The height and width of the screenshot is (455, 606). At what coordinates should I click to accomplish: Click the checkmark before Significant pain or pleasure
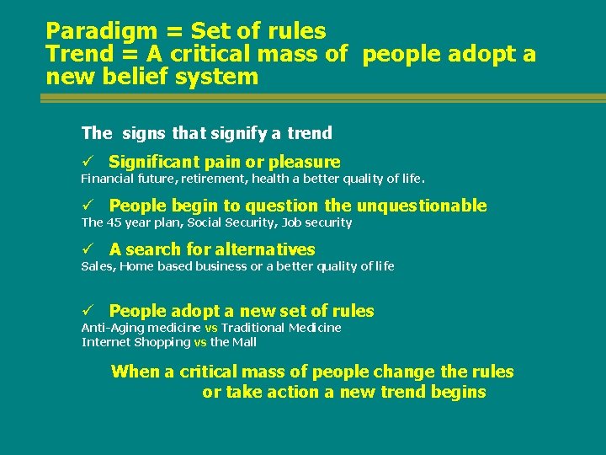pyautogui.click(x=86, y=162)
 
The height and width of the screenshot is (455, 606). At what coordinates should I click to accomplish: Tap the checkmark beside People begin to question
pyautogui.click(x=86, y=206)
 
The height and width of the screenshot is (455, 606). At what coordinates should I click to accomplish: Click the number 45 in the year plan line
pyautogui.click(x=114, y=222)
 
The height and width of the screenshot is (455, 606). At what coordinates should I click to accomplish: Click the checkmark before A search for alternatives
pyautogui.click(x=86, y=249)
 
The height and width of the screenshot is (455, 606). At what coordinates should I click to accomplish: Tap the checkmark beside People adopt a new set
pyautogui.click(x=86, y=311)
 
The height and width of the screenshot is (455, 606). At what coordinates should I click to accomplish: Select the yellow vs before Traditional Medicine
pyautogui.click(x=211, y=328)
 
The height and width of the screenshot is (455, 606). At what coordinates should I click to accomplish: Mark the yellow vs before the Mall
pyautogui.click(x=200, y=342)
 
